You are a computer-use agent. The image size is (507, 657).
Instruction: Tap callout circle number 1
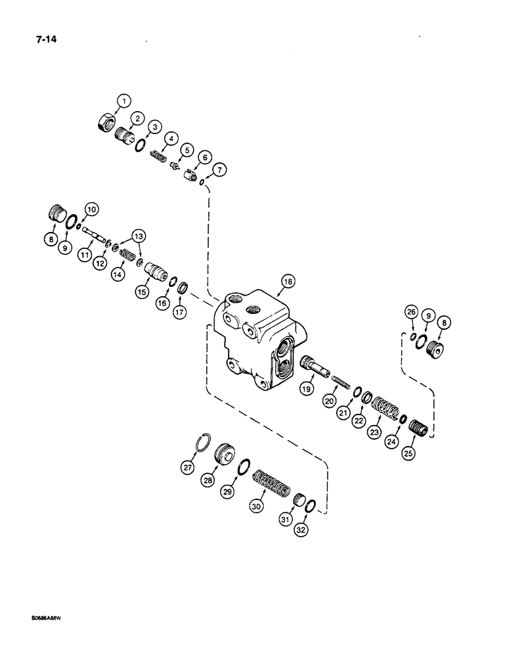click(x=123, y=101)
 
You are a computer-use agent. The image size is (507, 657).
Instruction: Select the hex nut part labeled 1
click(x=107, y=122)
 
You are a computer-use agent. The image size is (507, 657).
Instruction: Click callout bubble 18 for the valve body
click(x=286, y=281)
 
